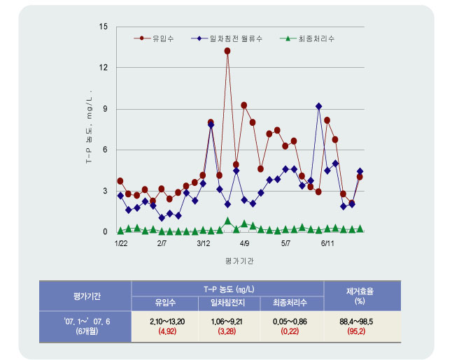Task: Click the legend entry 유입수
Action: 162,38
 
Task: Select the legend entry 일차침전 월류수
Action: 232,38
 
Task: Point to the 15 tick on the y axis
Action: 104,27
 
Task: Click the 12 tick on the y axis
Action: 104,68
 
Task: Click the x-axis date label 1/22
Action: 120,244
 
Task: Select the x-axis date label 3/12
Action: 204,244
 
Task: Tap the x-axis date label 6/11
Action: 327,244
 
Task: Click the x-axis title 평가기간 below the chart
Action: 240,260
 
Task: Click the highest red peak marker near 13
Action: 228,51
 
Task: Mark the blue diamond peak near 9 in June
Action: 319,106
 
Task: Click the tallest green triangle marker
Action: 228,221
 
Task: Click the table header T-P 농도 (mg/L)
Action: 227,288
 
